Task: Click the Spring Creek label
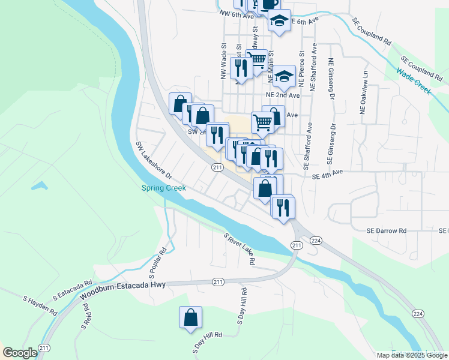point(164,188)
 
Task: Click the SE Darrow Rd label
point(387,230)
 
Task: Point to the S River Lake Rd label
point(240,250)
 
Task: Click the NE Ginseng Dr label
point(331,79)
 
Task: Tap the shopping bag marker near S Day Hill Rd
point(190,318)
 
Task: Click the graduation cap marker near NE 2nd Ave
point(284,76)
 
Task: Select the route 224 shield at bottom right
point(418,314)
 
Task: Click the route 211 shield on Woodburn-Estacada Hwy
point(217,281)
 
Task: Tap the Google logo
point(20,353)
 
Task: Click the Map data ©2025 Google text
point(411,355)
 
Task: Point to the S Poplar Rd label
point(163,257)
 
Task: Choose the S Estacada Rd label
point(72,289)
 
